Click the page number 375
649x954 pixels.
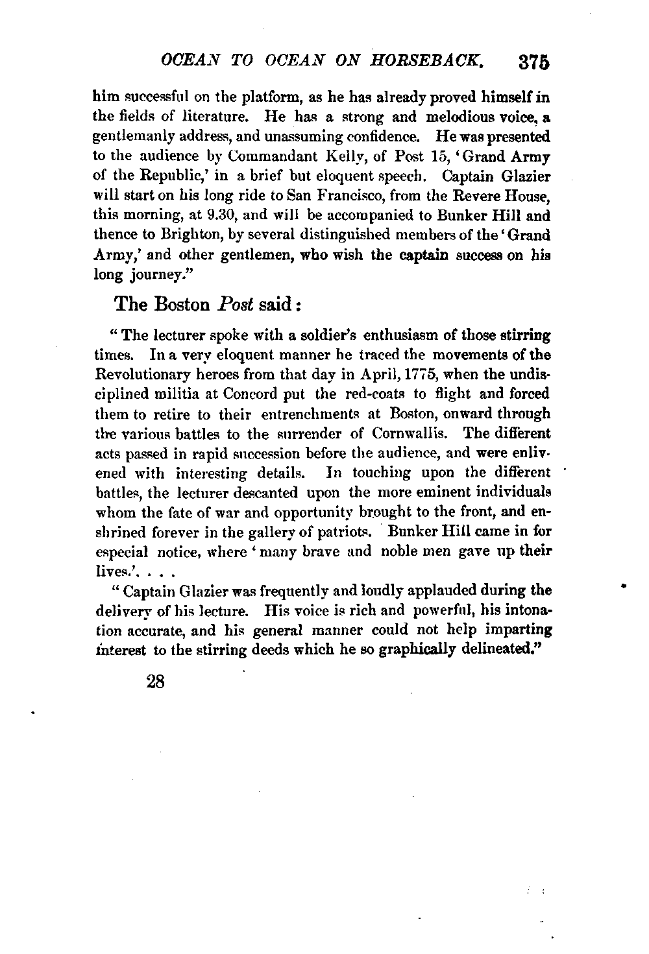coord(535,62)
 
